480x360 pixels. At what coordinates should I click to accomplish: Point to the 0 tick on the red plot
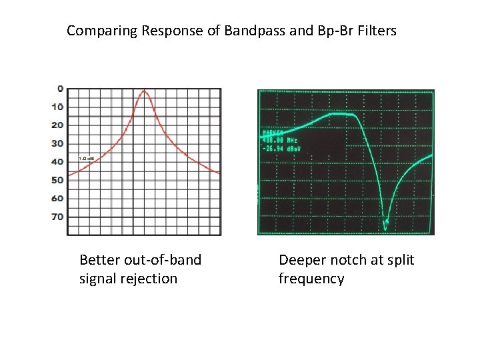[x=61, y=89]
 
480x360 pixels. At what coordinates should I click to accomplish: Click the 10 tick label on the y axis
[x=59, y=107]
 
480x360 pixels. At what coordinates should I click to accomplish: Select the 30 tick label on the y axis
[x=59, y=143]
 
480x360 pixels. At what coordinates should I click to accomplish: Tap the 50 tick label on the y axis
[x=59, y=180]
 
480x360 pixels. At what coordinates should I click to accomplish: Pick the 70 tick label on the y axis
[x=59, y=217]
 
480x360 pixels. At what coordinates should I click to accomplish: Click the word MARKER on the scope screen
[x=275, y=131]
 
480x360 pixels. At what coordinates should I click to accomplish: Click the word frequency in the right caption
[x=311, y=279]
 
